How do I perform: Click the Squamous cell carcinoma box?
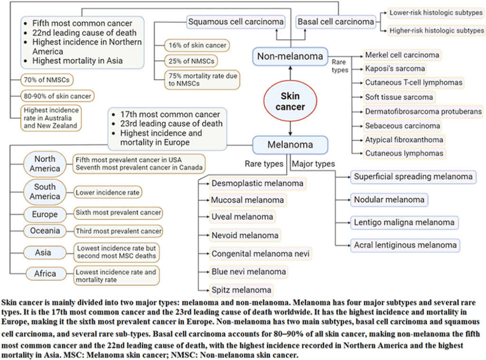click(x=236, y=21)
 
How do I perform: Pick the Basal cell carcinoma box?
click(x=336, y=21)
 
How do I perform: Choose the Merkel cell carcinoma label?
click(x=402, y=55)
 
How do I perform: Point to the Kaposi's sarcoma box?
click(x=395, y=68)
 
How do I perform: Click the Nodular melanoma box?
click(x=389, y=199)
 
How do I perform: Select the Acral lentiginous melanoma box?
click(x=405, y=245)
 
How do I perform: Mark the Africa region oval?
click(x=45, y=274)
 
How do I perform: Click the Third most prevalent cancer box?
click(x=118, y=231)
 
